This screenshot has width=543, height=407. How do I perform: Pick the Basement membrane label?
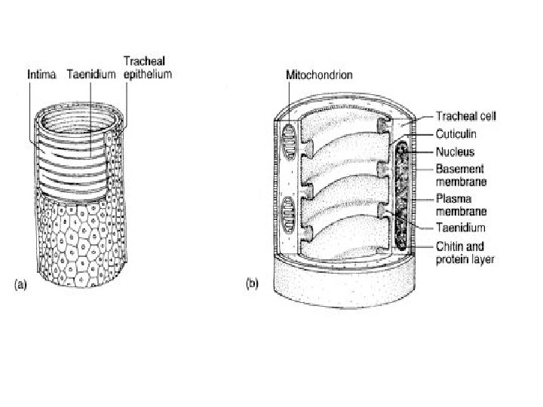pos(462,175)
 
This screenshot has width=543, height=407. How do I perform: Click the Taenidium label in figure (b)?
pos(462,227)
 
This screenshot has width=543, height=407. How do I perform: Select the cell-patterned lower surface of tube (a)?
pos(83,241)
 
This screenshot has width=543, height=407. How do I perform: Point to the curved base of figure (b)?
pos(339,283)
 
